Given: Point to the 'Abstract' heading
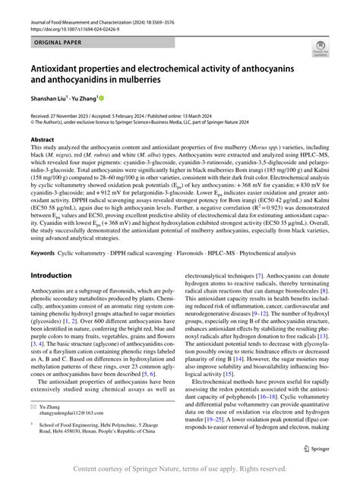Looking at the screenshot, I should [x=42, y=140].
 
